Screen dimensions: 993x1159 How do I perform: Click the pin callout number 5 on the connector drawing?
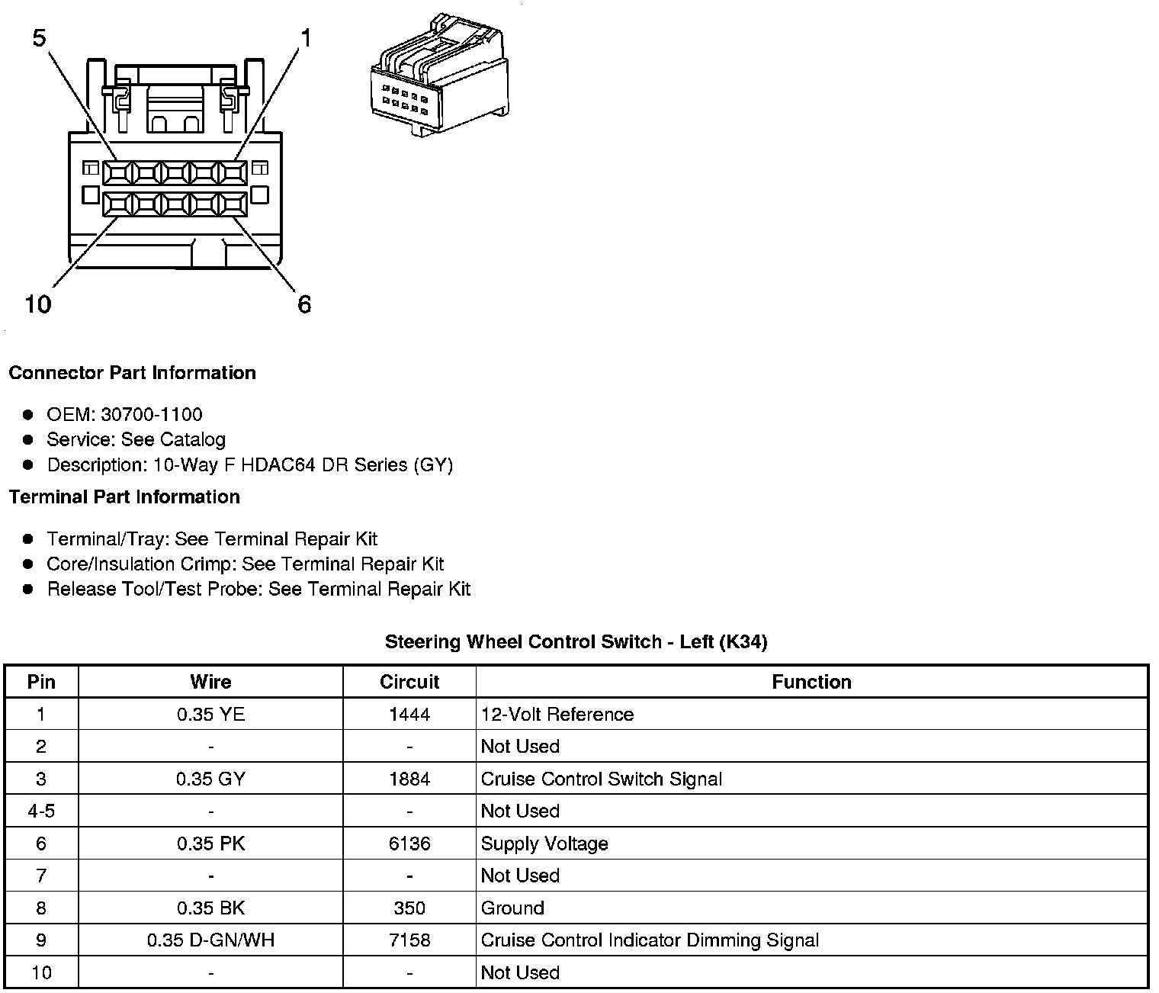click(40, 37)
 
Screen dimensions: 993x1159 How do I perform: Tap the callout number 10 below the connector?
click(37, 304)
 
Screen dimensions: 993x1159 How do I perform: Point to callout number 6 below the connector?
click(304, 304)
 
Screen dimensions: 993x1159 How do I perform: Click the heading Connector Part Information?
click(132, 373)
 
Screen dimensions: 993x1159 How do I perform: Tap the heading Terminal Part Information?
click(124, 497)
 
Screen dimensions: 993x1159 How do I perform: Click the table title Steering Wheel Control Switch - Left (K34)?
click(576, 642)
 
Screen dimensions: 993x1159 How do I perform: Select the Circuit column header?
click(409, 682)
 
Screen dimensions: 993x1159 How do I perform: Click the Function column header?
click(811, 682)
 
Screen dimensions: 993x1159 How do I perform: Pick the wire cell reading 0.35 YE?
click(210, 715)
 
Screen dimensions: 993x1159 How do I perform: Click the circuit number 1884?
click(409, 779)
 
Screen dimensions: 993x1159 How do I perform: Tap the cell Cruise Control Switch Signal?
click(601, 779)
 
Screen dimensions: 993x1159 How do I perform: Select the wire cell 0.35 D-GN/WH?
click(210, 940)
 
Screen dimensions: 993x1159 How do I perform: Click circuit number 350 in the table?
click(409, 908)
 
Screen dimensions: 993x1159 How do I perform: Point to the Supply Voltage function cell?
click(544, 844)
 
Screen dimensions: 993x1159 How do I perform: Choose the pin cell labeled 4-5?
click(41, 811)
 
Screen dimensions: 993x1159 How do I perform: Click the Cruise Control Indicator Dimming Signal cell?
click(650, 940)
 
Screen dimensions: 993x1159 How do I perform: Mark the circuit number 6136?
click(409, 844)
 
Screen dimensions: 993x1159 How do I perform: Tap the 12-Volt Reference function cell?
click(557, 715)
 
